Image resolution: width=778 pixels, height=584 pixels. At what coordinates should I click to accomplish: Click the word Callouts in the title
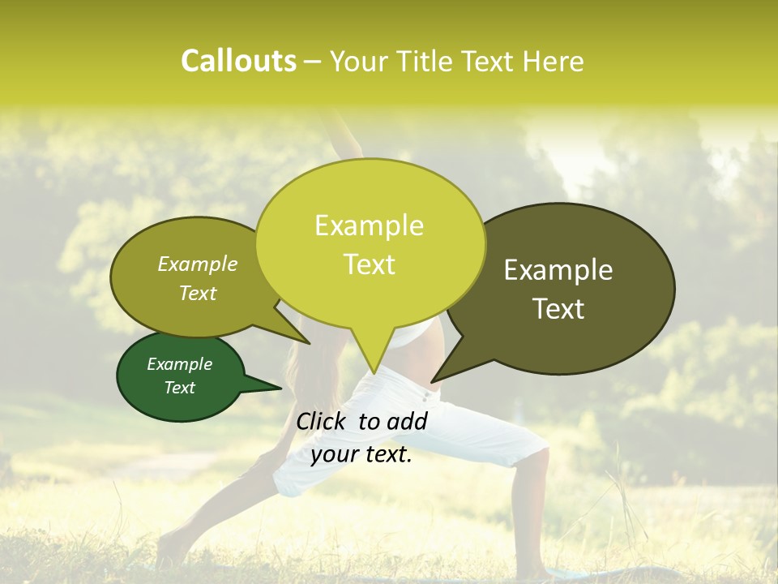click(238, 61)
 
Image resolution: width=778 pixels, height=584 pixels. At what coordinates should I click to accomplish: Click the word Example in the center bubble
click(370, 225)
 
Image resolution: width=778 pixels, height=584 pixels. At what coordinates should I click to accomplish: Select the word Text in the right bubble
click(558, 309)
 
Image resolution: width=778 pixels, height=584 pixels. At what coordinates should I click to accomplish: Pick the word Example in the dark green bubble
click(180, 364)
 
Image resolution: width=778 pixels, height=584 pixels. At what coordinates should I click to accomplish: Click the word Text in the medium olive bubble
click(198, 294)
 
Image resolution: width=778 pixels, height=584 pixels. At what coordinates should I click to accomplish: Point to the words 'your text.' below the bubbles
click(361, 455)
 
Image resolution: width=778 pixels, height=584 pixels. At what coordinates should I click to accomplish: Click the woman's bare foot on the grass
click(170, 552)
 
